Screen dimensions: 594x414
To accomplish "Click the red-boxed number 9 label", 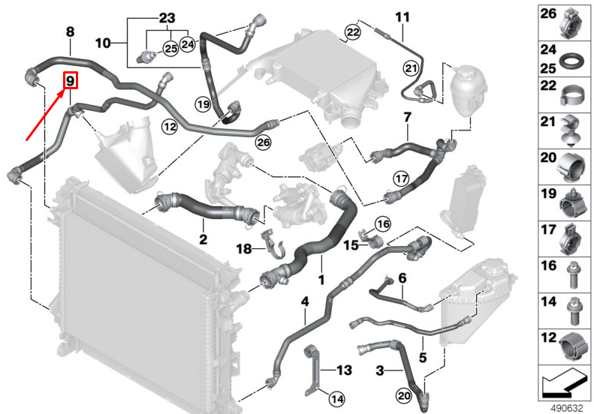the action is pos(71,80).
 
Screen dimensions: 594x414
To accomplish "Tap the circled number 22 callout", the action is pos(353,32).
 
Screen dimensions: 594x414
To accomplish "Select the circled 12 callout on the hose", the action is pos(170,127).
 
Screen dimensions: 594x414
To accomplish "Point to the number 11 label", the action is pos(403,17).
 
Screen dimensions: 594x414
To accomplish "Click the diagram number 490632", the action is pos(566,408).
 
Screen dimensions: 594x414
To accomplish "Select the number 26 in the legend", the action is pos(548,13).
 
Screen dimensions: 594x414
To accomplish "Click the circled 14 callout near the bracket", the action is pos(337,398).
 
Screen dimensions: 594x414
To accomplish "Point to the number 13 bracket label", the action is pos(344,370).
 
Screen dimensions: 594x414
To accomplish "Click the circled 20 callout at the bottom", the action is pos(404,395).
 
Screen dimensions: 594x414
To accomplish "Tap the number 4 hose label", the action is pos(305,301).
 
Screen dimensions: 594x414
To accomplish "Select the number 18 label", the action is pos(244,249).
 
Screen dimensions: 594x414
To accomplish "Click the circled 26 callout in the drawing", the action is pos(264,142).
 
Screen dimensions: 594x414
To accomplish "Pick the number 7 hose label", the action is pos(407,117).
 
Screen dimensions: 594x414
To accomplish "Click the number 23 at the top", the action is pos(167,18).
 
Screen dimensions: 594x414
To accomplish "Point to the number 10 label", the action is pos(103,43).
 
